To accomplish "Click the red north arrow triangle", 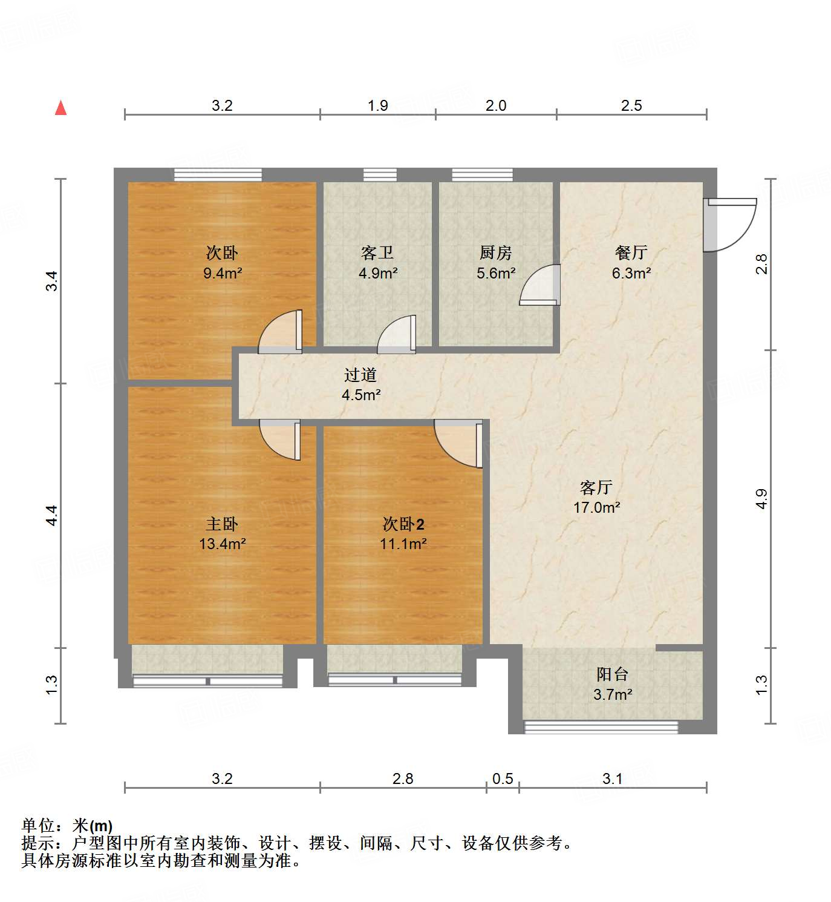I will coord(60,108).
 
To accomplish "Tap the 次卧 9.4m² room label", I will coord(222,262).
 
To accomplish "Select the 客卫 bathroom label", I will coord(377,262).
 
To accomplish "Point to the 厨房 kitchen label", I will coord(495,262).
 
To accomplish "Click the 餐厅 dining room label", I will coord(631,262).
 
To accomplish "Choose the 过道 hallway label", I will coord(360,384).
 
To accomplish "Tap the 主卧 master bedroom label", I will coord(222,533).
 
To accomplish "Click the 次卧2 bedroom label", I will coord(403,533).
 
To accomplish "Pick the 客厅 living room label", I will coord(596,497).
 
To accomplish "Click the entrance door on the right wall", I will coord(729,224).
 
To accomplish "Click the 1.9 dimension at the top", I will coord(378,106).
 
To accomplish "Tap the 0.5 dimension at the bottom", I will coord(503,779).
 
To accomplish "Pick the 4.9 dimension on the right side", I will coord(761,499).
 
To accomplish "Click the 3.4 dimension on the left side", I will coord(53,281).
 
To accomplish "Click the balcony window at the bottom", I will coord(601,726).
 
